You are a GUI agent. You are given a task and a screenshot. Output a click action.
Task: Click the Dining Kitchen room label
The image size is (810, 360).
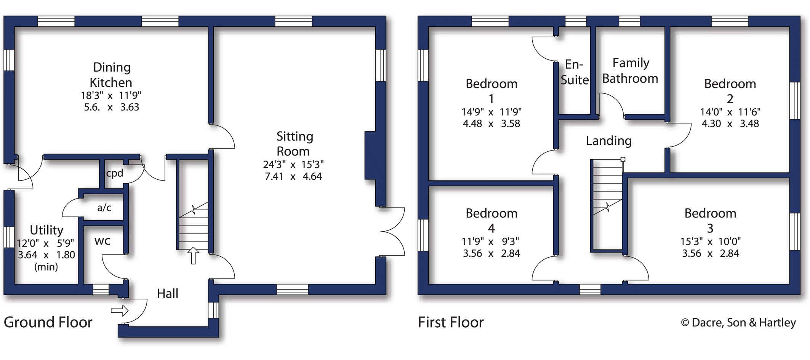click(x=111, y=75)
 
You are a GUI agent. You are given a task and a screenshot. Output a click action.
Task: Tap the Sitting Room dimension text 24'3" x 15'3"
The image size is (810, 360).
click(x=293, y=165)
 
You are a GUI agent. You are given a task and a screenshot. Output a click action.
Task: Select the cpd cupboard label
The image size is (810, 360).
click(x=115, y=173)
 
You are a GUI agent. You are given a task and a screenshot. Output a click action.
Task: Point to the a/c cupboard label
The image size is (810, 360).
click(x=104, y=208)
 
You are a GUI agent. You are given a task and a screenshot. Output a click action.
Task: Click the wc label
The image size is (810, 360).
click(x=102, y=241)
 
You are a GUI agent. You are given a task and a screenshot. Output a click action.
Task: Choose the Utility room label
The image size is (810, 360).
click(x=46, y=230)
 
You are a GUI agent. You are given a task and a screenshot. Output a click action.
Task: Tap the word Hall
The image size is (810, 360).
click(x=168, y=293)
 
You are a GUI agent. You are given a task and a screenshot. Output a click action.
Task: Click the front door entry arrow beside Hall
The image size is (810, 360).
click(x=120, y=310)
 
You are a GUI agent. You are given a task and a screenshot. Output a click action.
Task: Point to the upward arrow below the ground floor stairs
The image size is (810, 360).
click(x=193, y=256)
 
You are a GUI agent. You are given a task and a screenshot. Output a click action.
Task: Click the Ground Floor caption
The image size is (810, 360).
click(x=48, y=322)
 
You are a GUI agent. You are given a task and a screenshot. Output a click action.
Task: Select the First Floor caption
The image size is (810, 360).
click(x=451, y=322)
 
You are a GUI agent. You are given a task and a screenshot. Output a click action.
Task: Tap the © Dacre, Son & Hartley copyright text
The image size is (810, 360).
click(x=738, y=323)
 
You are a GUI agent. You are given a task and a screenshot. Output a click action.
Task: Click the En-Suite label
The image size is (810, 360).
click(x=575, y=72)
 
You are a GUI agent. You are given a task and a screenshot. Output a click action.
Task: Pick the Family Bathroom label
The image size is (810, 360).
click(x=630, y=70)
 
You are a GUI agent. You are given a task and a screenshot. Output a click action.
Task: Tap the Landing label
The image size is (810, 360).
click(x=609, y=141)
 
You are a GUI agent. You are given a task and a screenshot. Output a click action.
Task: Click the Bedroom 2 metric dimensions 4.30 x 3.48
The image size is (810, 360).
click(x=730, y=124)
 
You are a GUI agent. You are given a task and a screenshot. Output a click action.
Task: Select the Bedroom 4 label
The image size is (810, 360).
click(x=491, y=221)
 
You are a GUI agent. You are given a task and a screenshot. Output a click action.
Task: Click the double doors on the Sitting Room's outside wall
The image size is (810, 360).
click(x=392, y=231)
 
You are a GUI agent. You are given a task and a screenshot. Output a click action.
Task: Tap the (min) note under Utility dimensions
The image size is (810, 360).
click(x=46, y=267)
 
